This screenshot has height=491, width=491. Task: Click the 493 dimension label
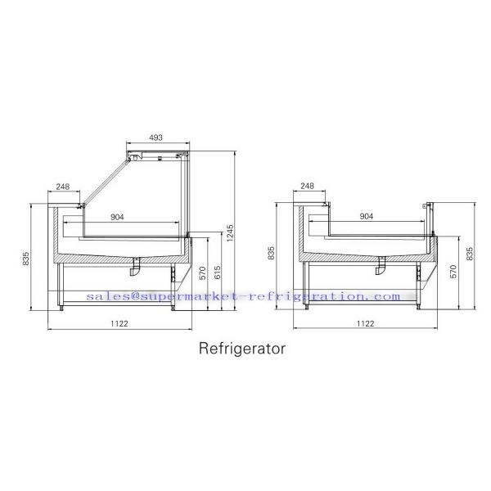click(x=156, y=137)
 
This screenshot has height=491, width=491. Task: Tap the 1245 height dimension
click(x=230, y=233)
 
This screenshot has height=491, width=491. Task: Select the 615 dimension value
click(x=218, y=273)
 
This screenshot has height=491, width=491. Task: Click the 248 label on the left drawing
click(x=63, y=187)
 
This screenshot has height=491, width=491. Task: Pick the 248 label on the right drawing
click(x=307, y=186)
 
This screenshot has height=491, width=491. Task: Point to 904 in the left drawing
click(x=117, y=217)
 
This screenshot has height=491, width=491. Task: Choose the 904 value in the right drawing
click(x=367, y=216)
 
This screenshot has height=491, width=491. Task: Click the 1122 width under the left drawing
click(x=119, y=323)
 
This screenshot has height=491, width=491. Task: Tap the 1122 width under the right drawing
click(x=366, y=323)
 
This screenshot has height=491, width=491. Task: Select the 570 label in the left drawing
click(x=203, y=273)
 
